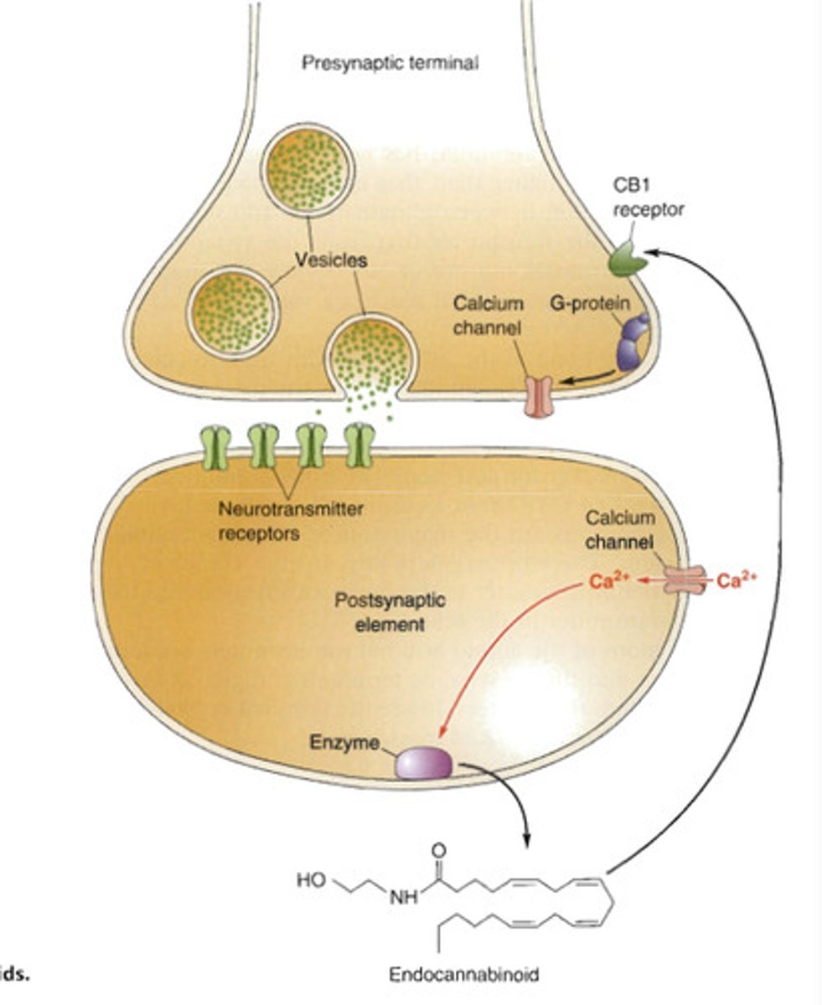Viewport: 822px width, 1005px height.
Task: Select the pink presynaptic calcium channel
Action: click(x=540, y=395)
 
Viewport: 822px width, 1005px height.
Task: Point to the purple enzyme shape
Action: click(x=424, y=763)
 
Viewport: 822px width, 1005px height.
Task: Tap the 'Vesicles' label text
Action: click(x=331, y=260)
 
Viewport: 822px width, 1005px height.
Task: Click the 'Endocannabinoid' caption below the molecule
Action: click(x=464, y=975)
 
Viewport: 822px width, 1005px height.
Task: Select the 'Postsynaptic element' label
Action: click(x=378, y=611)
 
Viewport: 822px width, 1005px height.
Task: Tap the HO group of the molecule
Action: click(x=310, y=880)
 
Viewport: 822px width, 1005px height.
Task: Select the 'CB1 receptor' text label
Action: click(x=648, y=199)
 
